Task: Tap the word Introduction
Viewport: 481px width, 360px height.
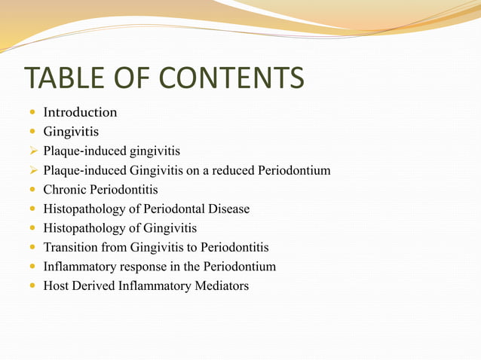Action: (80, 112)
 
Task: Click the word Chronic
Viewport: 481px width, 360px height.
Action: (66, 190)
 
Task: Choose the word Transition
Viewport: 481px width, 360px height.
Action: (71, 247)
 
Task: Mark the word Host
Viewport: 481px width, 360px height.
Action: (57, 286)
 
